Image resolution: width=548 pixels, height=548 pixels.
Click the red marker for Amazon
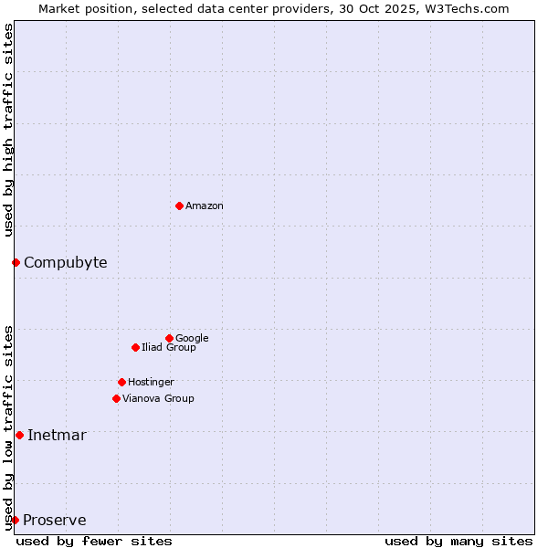tap(179, 205)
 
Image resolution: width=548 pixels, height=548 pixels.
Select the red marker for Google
tap(169, 338)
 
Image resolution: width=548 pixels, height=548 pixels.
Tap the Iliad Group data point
tap(135, 347)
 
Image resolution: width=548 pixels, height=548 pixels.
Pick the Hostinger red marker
tap(121, 382)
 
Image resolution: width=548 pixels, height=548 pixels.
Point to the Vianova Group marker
tap(116, 398)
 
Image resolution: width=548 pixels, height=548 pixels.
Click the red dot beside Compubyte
tap(16, 263)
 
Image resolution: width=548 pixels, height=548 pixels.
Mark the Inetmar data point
tap(19, 435)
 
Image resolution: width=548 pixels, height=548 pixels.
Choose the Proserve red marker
tap(15, 520)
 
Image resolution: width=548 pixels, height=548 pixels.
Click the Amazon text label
tap(205, 206)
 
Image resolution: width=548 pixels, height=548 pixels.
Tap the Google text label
tap(192, 338)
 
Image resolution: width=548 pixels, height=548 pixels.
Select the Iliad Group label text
tap(169, 347)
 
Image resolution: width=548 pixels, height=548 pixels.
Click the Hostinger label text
tap(151, 382)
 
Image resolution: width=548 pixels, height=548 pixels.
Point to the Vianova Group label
tap(158, 398)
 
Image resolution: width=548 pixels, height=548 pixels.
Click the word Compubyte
tap(65, 263)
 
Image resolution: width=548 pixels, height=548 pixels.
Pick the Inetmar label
tap(57, 435)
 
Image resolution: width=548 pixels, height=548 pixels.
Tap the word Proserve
tap(55, 521)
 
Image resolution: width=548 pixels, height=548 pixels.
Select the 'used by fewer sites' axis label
tap(94, 541)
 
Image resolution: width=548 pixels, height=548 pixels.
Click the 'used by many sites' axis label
tap(458, 541)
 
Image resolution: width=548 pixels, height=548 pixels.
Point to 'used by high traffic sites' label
tap(8, 130)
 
